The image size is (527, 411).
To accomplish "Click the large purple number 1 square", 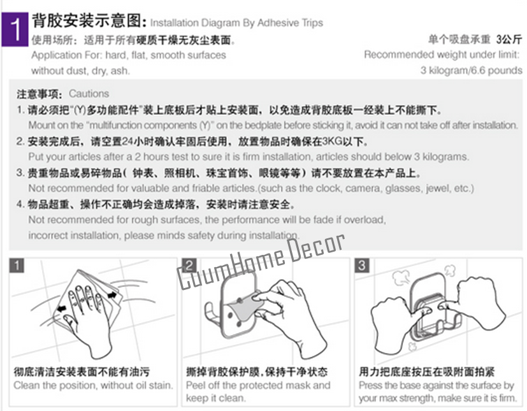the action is tap(15, 29).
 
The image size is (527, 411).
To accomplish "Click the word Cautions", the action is tap(89, 94).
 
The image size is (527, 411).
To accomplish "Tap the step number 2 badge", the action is tap(189, 266).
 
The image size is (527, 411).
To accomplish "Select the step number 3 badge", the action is tap(362, 266).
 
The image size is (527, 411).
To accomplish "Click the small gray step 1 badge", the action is tap(17, 266).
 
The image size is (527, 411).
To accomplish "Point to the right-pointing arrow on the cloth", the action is tap(112, 296).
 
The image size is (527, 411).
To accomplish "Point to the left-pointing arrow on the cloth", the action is tap(61, 308).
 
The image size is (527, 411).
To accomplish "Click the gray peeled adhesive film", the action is tap(245, 308).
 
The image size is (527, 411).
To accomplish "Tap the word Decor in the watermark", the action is tap(316, 247).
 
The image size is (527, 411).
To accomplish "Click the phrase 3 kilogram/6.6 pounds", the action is tap(471, 71).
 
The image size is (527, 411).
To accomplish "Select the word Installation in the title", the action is tap(175, 23).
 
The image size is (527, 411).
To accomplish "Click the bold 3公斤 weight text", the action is tap(509, 40).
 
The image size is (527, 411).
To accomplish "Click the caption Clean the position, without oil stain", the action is tap(93, 385).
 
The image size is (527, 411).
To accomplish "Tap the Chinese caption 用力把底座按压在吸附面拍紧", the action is tap(426, 371).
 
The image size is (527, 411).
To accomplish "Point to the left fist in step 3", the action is tap(391, 326).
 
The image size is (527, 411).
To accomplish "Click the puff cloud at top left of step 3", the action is tap(401, 278).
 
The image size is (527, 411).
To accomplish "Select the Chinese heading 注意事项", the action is tap(40, 94).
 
